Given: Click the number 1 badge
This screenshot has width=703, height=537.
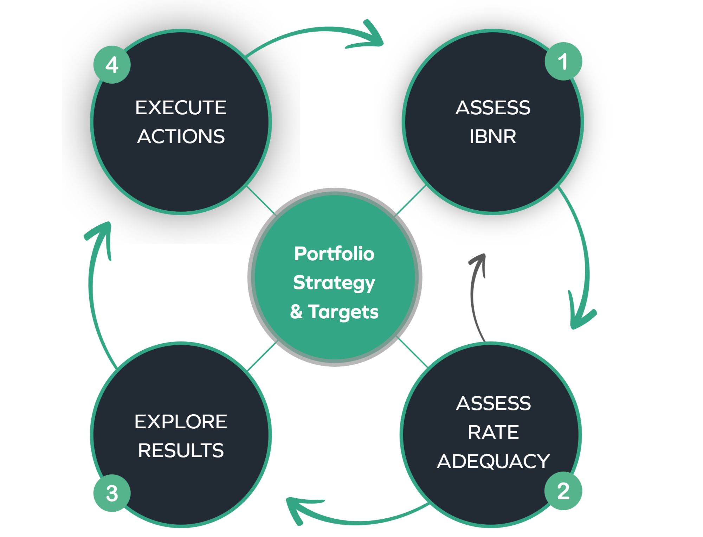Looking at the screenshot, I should [563, 61].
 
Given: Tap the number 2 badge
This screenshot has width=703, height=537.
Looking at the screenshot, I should [563, 491].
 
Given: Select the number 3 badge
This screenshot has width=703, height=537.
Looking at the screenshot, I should [112, 493].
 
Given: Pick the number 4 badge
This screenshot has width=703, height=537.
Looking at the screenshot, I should [112, 65].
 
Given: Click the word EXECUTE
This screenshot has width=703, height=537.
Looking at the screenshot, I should [181, 108].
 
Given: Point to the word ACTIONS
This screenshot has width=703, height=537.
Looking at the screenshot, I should [181, 136].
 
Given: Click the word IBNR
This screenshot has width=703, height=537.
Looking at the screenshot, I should [493, 136].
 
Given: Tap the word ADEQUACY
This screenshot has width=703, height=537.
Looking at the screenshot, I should [493, 461].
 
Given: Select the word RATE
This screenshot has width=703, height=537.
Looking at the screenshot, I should [493, 432].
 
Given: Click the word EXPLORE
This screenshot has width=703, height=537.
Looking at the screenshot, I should [181, 422].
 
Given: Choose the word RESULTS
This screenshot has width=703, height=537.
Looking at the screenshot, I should [181, 450].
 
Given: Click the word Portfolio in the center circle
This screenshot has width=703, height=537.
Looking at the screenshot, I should [334, 254].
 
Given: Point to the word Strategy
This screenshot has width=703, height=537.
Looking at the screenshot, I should [334, 283].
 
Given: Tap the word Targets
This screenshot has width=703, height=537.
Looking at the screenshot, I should [343, 312].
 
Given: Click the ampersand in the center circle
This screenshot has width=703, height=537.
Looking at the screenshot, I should [296, 312].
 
